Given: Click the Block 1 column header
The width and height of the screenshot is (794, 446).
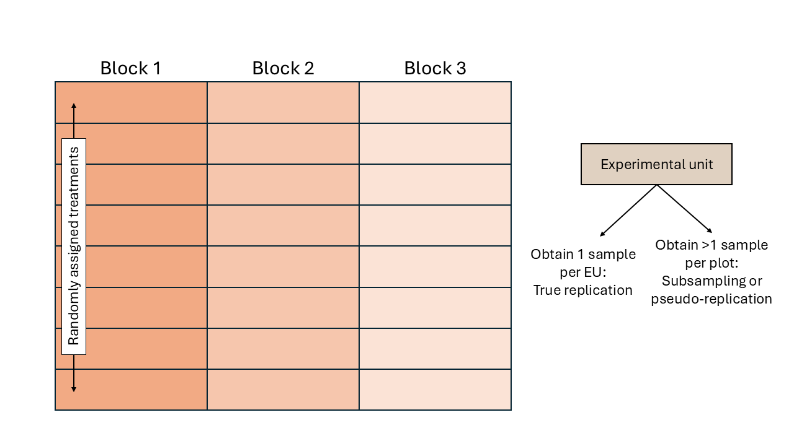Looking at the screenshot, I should click(130, 68).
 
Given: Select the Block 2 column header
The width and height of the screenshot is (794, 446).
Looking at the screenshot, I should click(283, 68).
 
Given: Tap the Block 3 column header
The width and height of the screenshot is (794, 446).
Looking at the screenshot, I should click(435, 68).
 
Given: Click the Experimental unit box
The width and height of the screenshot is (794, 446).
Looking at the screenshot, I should click(656, 164).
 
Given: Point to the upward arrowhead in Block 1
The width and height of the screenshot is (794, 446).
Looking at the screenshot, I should click(74, 107).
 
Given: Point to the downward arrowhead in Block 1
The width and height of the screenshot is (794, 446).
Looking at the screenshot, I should click(74, 388).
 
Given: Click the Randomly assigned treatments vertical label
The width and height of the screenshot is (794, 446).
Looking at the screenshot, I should click(74, 246).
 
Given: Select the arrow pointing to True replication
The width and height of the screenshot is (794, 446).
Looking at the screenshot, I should click(627, 211).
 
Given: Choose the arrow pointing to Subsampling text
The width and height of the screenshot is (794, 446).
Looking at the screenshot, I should click(685, 210).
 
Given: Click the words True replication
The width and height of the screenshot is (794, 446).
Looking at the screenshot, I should click(582, 290).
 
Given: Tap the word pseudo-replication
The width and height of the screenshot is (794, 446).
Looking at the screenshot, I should click(711, 299).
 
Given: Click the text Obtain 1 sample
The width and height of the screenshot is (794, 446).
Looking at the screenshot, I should click(582, 254).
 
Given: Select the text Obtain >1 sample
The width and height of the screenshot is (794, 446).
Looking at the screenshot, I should click(711, 245).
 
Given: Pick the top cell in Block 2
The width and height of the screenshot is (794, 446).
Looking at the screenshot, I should click(283, 102).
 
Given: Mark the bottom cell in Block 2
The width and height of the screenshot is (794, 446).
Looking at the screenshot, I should click(283, 390).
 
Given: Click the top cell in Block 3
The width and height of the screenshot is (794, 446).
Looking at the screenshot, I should click(435, 102).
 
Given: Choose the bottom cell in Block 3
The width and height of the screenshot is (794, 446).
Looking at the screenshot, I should click(435, 390).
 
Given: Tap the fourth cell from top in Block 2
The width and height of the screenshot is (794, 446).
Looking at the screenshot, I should click(283, 225).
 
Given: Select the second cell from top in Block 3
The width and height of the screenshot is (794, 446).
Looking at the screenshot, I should click(435, 144).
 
